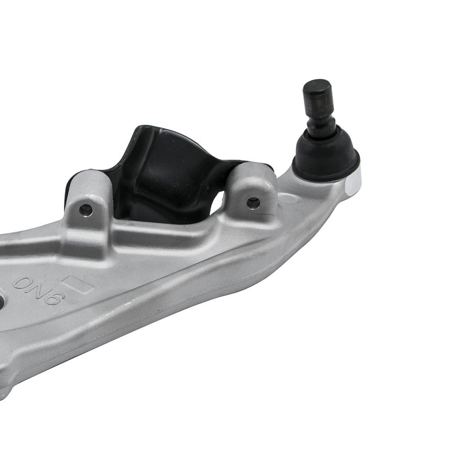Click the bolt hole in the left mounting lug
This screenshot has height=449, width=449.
tap(86, 211)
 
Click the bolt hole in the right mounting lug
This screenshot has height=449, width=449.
tap(253, 203)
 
